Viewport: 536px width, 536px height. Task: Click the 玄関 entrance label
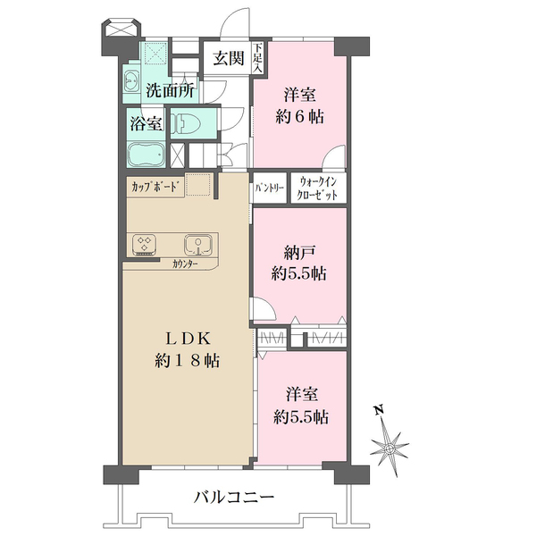tap(229, 58)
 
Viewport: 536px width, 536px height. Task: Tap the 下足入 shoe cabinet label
tap(258, 57)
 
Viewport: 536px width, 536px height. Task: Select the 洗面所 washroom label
tap(171, 90)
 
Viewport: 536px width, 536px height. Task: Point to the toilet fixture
tap(182, 123)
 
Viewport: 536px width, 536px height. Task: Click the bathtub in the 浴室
tap(147, 155)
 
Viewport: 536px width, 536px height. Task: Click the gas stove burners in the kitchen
tap(145, 245)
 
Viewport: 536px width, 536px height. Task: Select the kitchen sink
tap(198, 245)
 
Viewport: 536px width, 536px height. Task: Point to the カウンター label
tap(185, 264)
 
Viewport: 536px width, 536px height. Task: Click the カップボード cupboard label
tap(155, 187)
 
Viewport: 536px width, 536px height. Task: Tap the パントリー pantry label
tap(270, 188)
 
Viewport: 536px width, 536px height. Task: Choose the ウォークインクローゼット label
tap(317, 188)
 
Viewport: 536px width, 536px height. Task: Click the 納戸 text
tap(299, 253)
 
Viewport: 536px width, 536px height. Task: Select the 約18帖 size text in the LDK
tap(187, 361)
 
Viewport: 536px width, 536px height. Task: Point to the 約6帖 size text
tap(299, 117)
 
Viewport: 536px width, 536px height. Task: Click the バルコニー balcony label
tap(234, 497)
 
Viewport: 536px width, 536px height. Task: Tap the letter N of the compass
tap(378, 409)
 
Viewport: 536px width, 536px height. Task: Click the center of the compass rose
tap(389, 448)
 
